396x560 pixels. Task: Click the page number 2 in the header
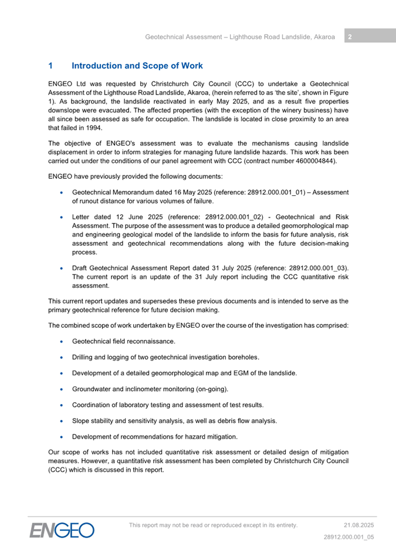(x=349, y=37)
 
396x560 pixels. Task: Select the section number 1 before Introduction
(x=51, y=66)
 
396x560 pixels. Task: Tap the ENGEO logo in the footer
(x=62, y=530)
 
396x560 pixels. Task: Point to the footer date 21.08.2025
(x=358, y=525)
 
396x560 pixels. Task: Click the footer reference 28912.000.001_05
(x=349, y=537)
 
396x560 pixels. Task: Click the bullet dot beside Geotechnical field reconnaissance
(x=62, y=341)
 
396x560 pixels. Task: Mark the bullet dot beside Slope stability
(x=62, y=420)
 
